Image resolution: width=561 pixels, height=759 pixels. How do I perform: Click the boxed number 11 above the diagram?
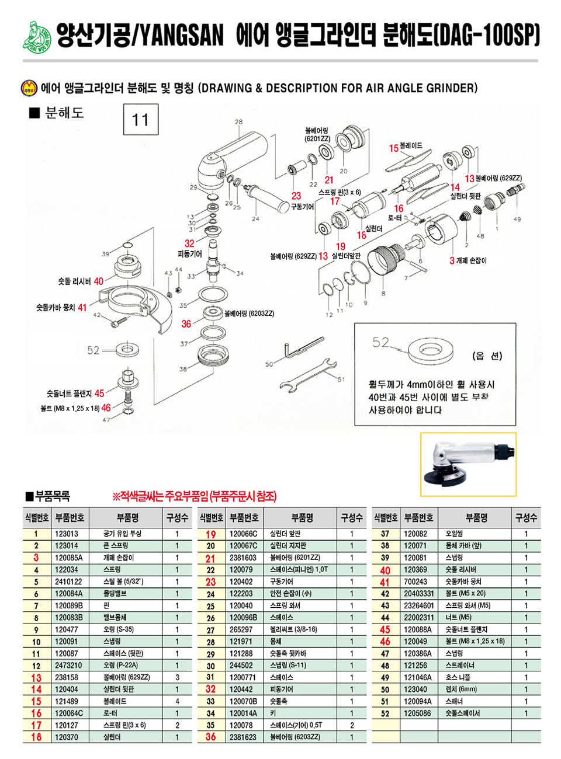[x=141, y=120]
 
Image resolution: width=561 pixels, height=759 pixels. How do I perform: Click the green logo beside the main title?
[x=37, y=36]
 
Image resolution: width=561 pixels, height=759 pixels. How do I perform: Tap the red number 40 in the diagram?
[x=98, y=281]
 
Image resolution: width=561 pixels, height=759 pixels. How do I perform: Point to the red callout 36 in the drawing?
[x=186, y=324]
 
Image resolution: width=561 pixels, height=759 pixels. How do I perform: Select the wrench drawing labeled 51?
[x=307, y=375]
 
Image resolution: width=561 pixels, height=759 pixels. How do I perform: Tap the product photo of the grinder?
[x=468, y=465]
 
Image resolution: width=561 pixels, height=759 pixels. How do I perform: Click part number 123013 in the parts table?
[x=67, y=534]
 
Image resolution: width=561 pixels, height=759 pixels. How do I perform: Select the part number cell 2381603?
[x=243, y=558]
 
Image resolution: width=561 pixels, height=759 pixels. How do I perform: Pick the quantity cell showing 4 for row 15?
[x=177, y=701]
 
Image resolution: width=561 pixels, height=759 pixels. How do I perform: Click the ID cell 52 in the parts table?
[x=385, y=713]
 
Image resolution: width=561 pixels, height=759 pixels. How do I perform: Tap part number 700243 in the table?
[x=415, y=582]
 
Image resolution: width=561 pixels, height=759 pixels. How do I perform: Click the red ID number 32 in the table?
[x=210, y=689]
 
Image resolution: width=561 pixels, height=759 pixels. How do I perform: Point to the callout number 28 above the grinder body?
[x=238, y=122]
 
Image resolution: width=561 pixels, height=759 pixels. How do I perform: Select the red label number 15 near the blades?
[x=394, y=148]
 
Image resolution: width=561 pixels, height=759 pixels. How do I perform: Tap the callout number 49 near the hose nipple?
[x=517, y=219]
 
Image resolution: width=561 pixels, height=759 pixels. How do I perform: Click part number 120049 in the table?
[x=415, y=642]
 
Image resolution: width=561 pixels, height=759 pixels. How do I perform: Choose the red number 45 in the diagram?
[x=99, y=394]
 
